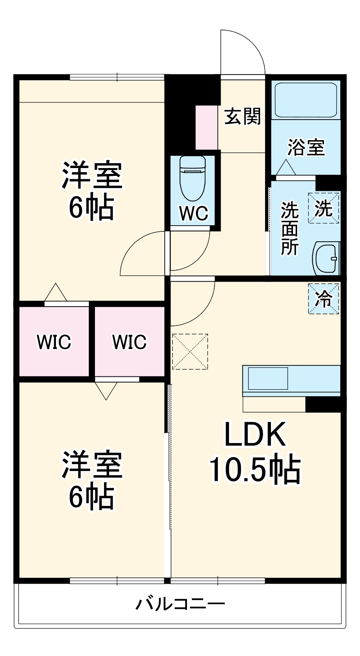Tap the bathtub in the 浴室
(x=306, y=100)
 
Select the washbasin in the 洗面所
(x=326, y=258)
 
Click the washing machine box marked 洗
(x=324, y=208)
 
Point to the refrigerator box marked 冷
(x=324, y=299)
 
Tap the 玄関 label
(x=242, y=116)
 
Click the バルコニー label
(x=180, y=604)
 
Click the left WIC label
(x=54, y=342)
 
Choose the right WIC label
(x=129, y=342)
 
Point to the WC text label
(x=194, y=213)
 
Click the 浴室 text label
(x=306, y=148)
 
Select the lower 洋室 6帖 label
(x=92, y=480)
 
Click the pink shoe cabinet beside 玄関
(x=206, y=127)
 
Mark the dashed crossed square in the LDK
(x=190, y=351)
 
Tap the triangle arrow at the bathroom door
(x=285, y=167)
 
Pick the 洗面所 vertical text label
(x=290, y=229)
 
